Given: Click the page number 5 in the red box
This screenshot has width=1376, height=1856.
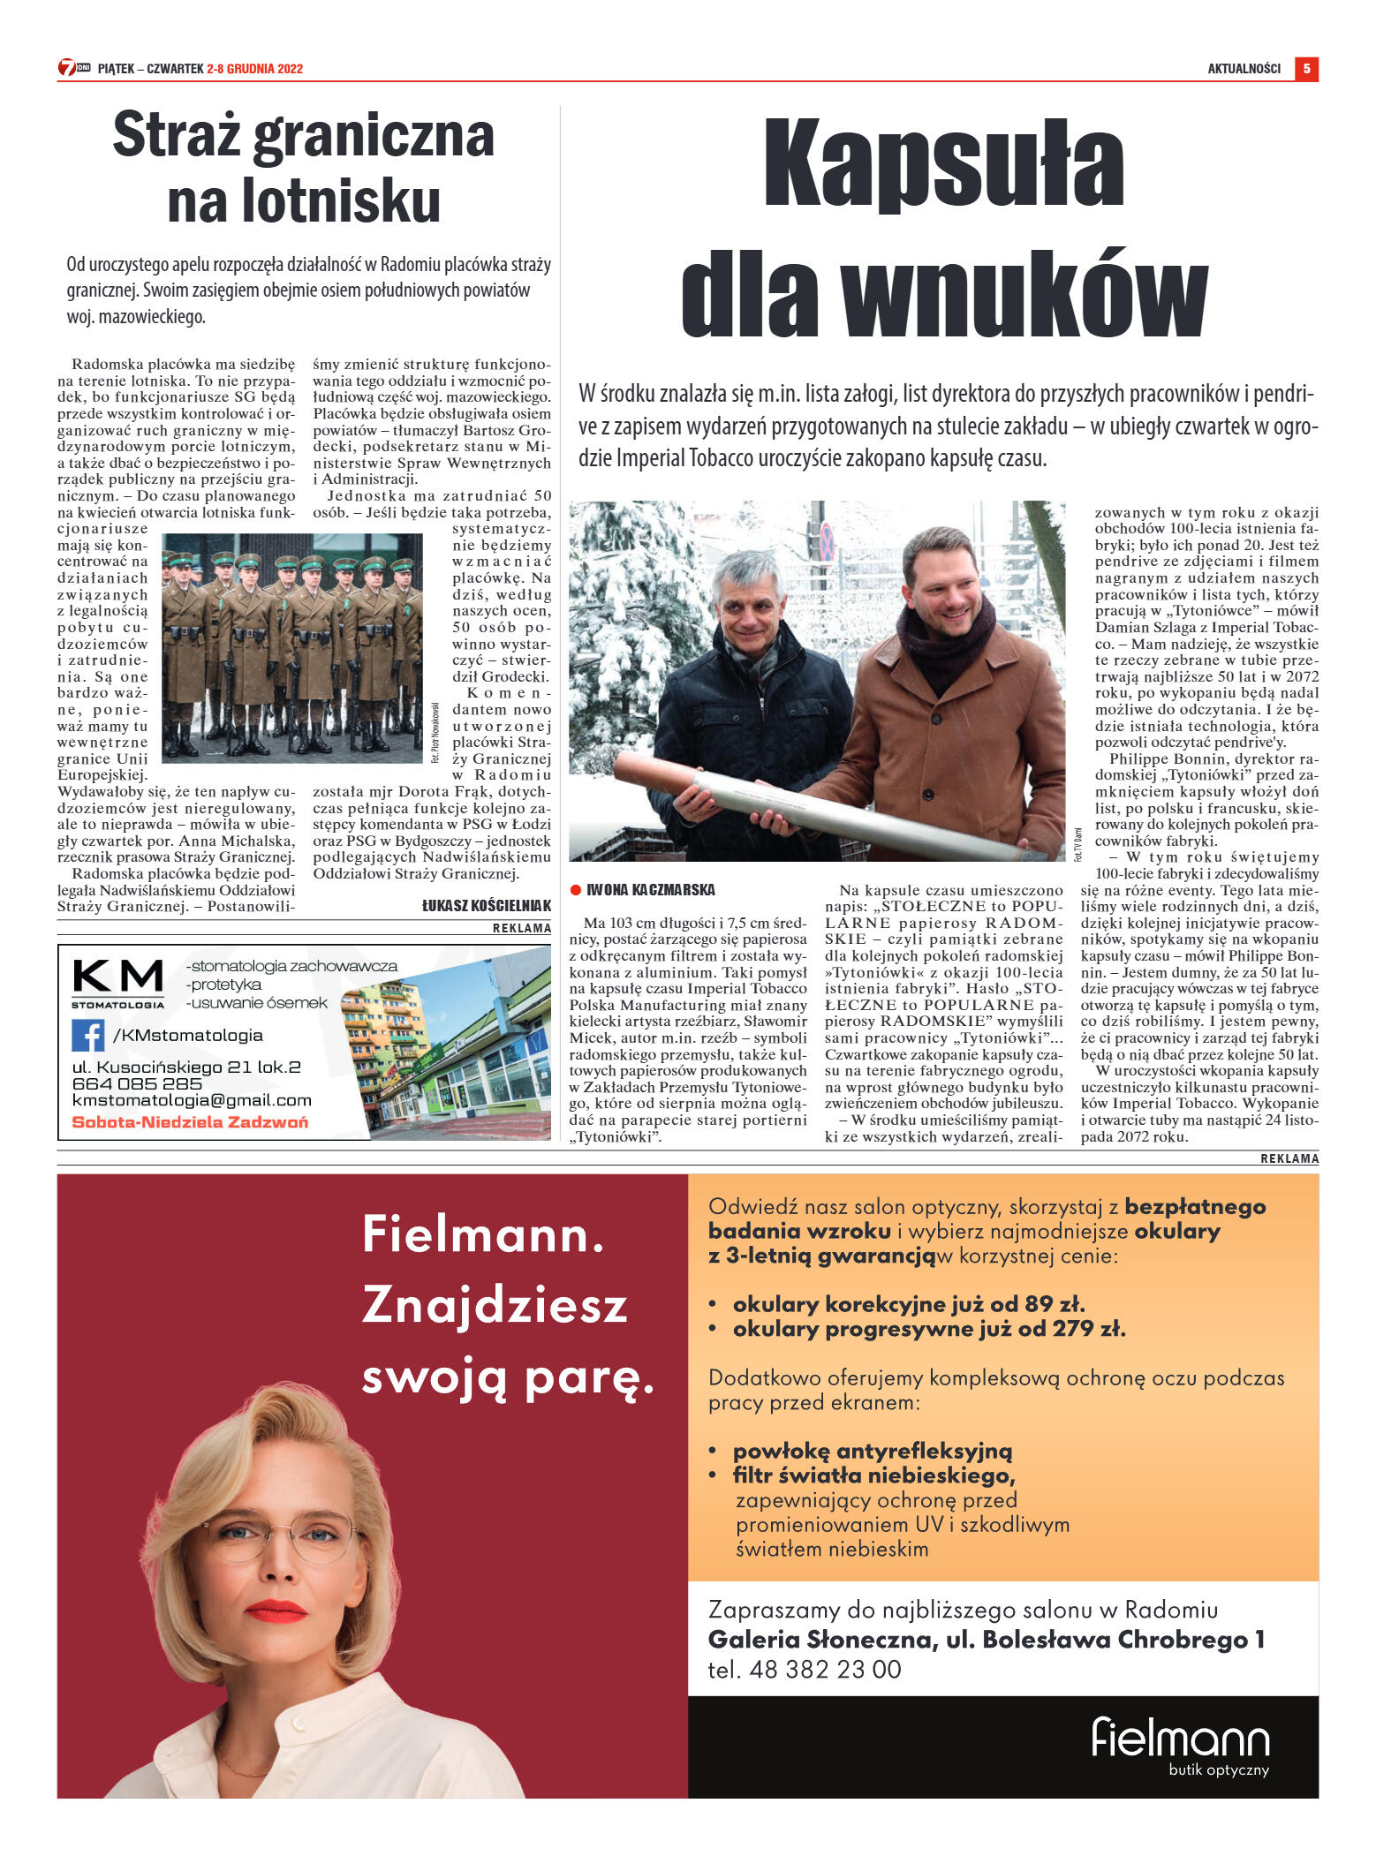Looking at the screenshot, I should (1306, 68).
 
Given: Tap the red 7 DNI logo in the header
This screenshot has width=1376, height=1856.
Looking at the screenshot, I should (74, 68).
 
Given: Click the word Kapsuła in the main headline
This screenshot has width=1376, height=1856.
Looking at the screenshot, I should (943, 165).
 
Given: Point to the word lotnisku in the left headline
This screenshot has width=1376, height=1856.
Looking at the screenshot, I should (304, 201).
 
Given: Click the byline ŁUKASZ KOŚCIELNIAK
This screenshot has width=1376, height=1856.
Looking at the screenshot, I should (486, 905).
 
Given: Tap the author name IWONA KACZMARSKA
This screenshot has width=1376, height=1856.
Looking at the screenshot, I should (651, 889).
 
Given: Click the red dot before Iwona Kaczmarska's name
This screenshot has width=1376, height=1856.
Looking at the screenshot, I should (576, 890).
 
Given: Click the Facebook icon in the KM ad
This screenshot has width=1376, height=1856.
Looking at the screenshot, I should (88, 1035).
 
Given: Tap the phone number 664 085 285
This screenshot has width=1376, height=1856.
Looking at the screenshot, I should (137, 1083).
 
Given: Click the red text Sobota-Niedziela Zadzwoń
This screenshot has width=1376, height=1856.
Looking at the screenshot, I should (190, 1122).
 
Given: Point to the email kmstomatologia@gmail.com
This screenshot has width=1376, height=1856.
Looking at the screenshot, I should (192, 1101).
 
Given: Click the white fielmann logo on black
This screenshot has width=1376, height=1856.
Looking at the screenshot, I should (1180, 1738).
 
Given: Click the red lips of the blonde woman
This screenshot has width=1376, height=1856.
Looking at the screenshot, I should (276, 1611).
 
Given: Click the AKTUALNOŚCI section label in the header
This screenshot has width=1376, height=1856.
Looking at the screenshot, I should (1244, 69).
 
